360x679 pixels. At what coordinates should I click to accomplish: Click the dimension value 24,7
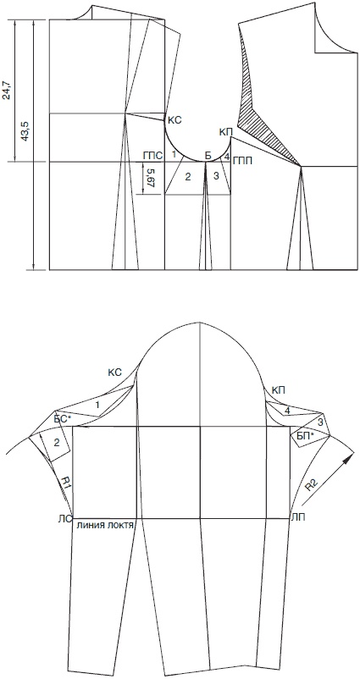click(8, 90)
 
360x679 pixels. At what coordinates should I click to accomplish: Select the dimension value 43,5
click(25, 130)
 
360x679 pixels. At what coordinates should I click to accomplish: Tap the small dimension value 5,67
click(150, 179)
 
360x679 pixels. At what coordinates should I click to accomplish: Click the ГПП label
click(242, 162)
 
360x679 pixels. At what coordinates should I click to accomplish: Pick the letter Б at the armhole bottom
click(208, 157)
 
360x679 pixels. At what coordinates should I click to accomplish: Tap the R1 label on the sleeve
click(65, 482)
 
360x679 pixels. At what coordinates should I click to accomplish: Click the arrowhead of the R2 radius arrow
click(350, 457)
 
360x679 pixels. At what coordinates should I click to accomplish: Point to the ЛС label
click(64, 519)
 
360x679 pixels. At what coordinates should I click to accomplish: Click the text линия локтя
click(104, 524)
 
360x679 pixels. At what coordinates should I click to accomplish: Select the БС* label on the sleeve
click(63, 419)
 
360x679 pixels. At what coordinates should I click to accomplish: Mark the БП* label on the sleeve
click(305, 436)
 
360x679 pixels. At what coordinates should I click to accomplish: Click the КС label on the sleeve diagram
click(114, 372)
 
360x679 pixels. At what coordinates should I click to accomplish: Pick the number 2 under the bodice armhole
click(187, 177)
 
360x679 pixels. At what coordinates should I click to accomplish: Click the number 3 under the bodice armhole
click(217, 176)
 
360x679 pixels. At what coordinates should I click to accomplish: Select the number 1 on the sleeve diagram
click(97, 406)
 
